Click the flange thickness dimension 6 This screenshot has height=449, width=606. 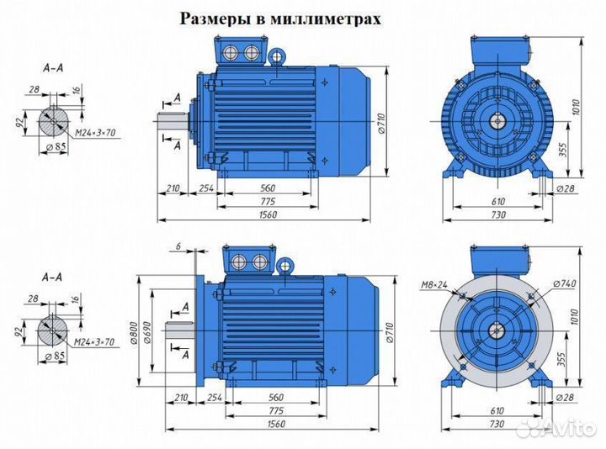[179, 245]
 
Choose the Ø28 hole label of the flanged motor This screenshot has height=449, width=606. [566, 396]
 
